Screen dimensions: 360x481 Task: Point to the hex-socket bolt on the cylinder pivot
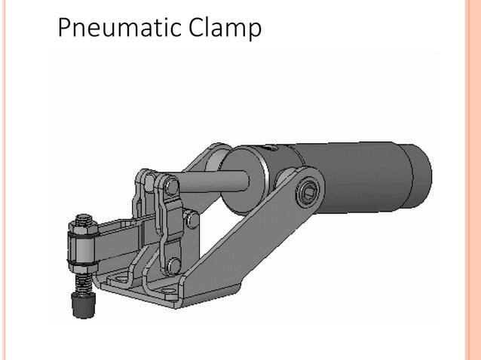pyautogui.click(x=306, y=194)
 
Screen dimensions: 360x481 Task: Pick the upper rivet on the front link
pyautogui.click(x=172, y=185)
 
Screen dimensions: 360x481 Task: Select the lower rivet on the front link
pyautogui.click(x=174, y=264)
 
